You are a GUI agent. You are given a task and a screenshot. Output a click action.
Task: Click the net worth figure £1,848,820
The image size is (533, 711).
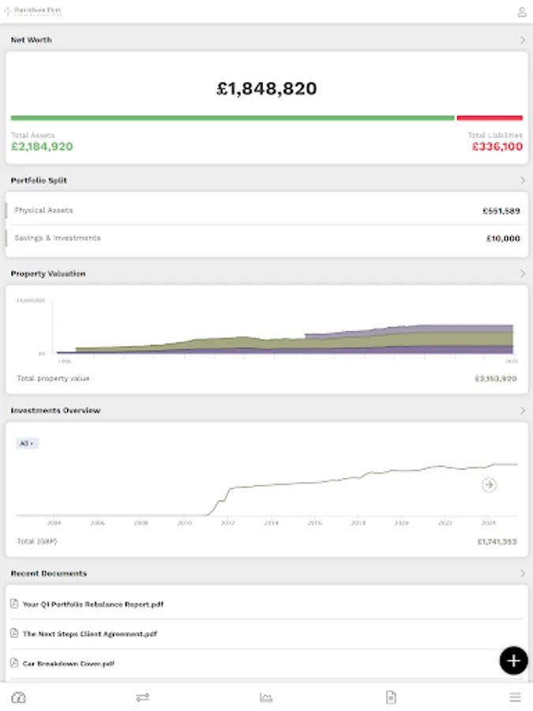(266, 88)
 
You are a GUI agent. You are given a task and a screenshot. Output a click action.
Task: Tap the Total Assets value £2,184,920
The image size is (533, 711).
(42, 147)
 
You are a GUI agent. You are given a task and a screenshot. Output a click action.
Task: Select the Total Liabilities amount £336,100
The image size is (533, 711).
(497, 147)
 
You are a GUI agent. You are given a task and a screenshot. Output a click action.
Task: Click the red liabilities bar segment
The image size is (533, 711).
(490, 118)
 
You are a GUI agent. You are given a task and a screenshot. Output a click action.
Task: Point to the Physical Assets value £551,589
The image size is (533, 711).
(501, 211)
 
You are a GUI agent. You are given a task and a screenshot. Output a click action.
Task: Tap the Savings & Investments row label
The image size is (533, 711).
(57, 238)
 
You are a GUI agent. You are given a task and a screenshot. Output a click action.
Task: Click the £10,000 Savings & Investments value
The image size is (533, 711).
(503, 239)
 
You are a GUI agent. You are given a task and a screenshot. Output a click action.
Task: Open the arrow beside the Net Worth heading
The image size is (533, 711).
(522, 39)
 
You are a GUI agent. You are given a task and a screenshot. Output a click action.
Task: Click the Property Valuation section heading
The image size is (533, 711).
(48, 273)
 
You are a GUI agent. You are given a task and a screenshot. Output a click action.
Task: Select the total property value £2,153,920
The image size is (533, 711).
(495, 379)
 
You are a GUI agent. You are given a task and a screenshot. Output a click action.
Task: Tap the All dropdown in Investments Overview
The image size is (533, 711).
(27, 444)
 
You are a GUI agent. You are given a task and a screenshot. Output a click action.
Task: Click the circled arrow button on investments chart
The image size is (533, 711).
(489, 485)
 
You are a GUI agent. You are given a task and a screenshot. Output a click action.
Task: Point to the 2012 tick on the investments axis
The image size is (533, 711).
(227, 523)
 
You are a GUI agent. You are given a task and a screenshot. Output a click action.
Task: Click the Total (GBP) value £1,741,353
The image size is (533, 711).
(497, 542)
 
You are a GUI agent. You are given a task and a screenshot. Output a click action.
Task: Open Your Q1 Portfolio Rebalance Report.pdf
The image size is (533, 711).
(92, 604)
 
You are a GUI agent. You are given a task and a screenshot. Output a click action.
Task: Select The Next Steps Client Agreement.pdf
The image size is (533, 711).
(89, 634)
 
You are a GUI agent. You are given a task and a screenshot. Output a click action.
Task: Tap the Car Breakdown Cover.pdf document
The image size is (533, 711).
(68, 664)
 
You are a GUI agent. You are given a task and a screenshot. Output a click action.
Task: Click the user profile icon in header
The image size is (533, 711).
(521, 12)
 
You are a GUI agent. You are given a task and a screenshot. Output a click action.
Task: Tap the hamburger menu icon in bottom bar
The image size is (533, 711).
(515, 698)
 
